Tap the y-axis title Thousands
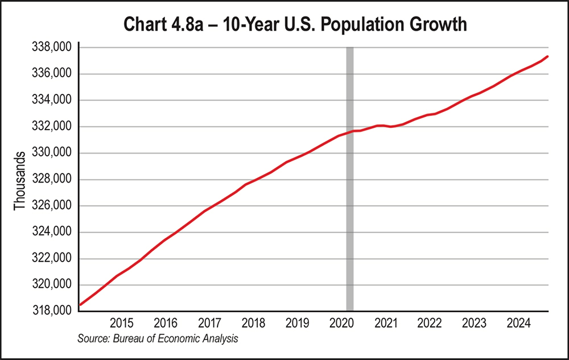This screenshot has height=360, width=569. (20, 180)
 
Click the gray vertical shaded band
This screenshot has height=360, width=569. (350, 227)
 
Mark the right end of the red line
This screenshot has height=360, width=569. (547, 56)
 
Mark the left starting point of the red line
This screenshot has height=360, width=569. (80, 305)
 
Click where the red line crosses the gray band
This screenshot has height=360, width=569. (350, 132)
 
